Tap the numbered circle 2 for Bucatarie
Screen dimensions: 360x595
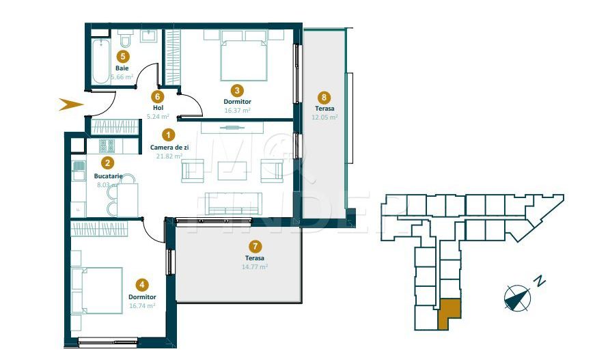pyautogui.click(x=107, y=163)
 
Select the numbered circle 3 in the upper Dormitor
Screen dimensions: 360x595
pyautogui.click(x=236, y=89)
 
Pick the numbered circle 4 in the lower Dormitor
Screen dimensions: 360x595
pyautogui.click(x=142, y=284)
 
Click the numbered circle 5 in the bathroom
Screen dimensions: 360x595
pyautogui.click(x=122, y=57)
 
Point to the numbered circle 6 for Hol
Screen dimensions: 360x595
pyautogui.click(x=158, y=96)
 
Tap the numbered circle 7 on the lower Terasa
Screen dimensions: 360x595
pyautogui.click(x=255, y=246)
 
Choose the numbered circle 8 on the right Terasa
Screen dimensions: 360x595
pyautogui.click(x=324, y=97)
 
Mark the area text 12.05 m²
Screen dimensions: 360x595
pyautogui.click(x=324, y=117)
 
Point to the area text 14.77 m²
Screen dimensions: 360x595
pyautogui.click(x=255, y=266)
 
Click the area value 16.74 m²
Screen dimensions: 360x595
pyautogui.click(x=142, y=306)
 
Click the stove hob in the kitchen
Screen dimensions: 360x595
pyautogui.click(x=107, y=146)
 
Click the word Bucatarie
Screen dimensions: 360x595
pyautogui.click(x=107, y=176)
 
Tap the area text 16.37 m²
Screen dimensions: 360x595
pyautogui.click(x=237, y=110)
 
